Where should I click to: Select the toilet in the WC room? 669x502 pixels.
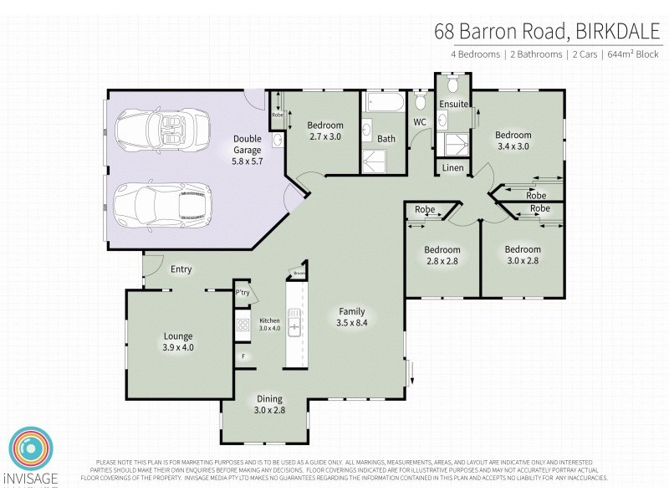pyautogui.click(x=421, y=103)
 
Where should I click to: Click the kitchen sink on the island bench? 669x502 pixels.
pyautogui.click(x=294, y=322)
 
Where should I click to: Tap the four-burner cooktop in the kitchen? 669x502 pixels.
pyautogui.click(x=243, y=324)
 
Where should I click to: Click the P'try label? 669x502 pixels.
pyautogui.click(x=243, y=293)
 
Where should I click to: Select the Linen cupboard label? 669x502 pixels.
pyautogui.click(x=452, y=168)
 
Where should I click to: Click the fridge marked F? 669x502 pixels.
pyautogui.click(x=243, y=356)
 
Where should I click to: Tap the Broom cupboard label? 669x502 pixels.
pyautogui.click(x=299, y=273)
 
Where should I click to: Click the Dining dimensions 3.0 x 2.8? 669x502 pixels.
pyautogui.click(x=265, y=411)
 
